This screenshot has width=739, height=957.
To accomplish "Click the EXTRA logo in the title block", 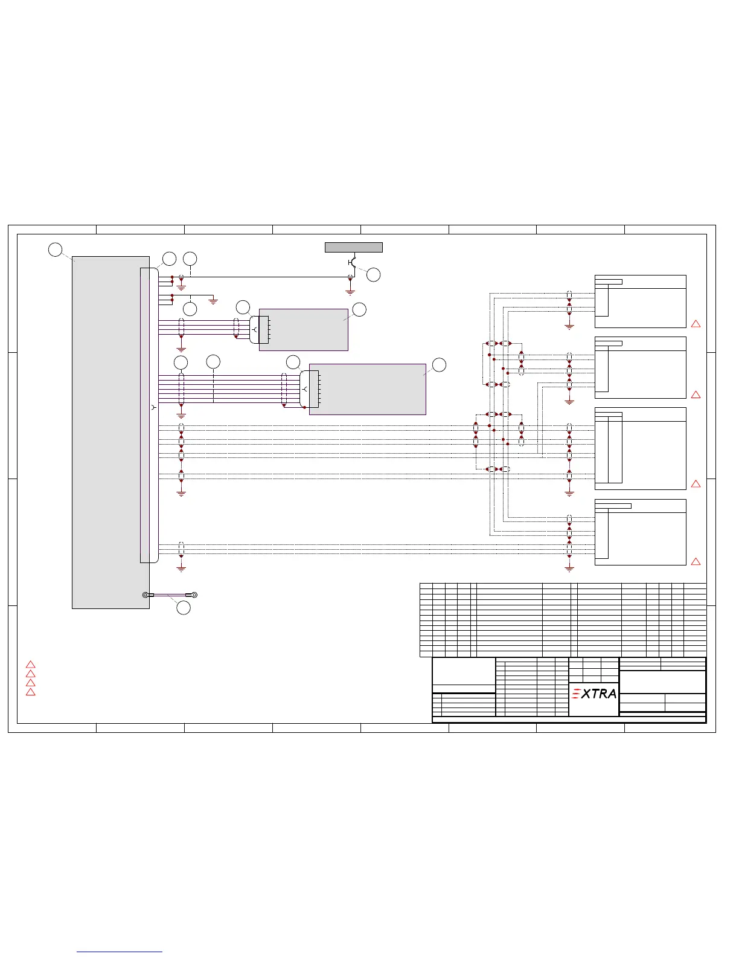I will tap(594, 694).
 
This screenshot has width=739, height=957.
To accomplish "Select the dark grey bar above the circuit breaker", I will tap(353, 247).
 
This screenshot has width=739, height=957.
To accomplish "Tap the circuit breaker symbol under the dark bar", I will tap(352, 262).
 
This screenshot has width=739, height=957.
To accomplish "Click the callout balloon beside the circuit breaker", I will tap(374, 274).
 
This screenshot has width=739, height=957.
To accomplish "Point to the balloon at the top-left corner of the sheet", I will tap(55, 249).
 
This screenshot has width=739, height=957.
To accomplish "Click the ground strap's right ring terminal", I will tap(194, 595).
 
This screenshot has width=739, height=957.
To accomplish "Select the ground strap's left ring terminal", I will tap(146, 595).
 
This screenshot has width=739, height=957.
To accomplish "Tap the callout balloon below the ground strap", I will tap(184, 608).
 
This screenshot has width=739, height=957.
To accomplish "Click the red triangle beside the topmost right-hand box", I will tap(696, 324).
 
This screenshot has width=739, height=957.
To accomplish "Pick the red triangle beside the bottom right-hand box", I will tap(696, 562).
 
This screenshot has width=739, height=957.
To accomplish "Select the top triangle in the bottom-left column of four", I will tap(31, 665).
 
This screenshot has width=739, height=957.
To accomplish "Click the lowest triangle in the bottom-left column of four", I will tap(31, 692).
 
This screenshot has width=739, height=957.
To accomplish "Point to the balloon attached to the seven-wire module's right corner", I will tap(439, 364).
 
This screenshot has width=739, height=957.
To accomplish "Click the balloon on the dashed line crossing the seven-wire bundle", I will tap(213, 362).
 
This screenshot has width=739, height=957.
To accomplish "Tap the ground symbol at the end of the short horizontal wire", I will tap(213, 301).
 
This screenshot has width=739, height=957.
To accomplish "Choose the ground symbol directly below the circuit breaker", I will tap(350, 291).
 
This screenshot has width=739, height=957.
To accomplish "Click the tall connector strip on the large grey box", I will tap(149, 415).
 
